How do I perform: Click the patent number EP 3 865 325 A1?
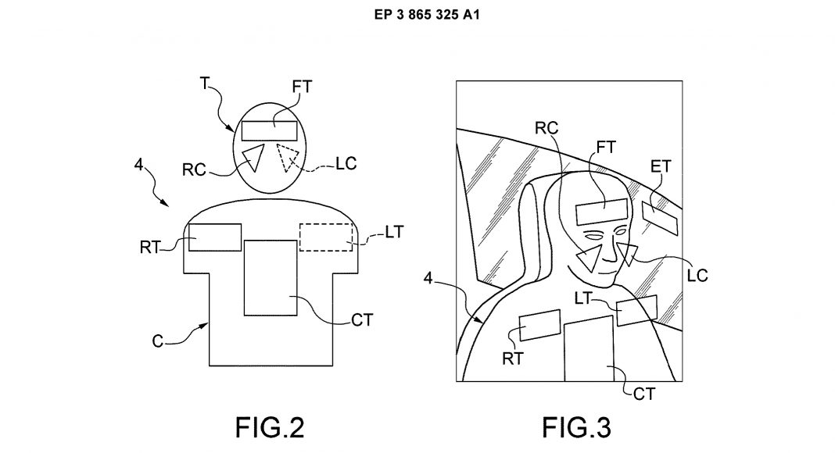pos(427,14)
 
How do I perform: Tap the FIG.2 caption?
pos(270,427)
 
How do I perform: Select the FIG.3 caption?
pos(576,427)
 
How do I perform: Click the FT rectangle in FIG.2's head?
pos(270,130)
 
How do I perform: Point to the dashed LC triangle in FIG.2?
pos(288,158)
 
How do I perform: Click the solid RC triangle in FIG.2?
pos(253,157)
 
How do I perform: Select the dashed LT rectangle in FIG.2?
pos(326,237)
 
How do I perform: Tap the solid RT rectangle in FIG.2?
pos(215,237)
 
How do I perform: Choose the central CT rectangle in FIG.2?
pos(271,277)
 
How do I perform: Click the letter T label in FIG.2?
pos(205,83)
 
